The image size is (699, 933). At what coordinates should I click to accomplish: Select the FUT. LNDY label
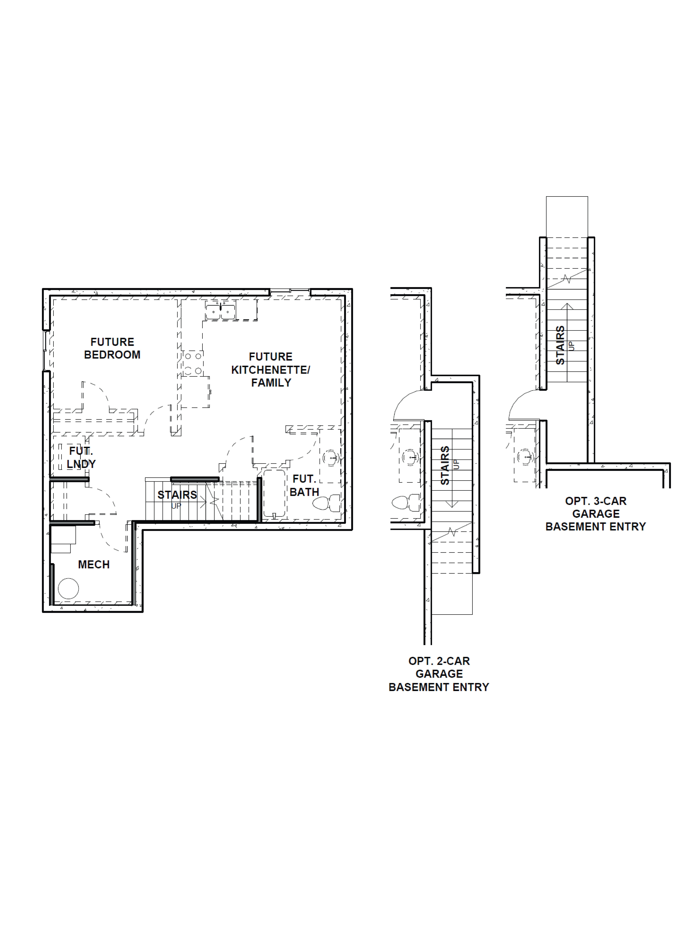pyautogui.click(x=81, y=458)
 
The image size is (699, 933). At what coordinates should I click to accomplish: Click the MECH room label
pyautogui.click(x=94, y=564)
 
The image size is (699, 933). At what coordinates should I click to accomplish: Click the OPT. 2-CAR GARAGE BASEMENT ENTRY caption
pyautogui.click(x=439, y=674)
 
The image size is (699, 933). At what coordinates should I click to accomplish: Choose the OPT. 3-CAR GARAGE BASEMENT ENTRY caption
pyautogui.click(x=595, y=514)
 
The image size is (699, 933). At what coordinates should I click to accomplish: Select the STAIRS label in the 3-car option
pyautogui.click(x=560, y=345)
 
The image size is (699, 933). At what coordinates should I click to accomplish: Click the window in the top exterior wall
pyautogui.click(x=290, y=291)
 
